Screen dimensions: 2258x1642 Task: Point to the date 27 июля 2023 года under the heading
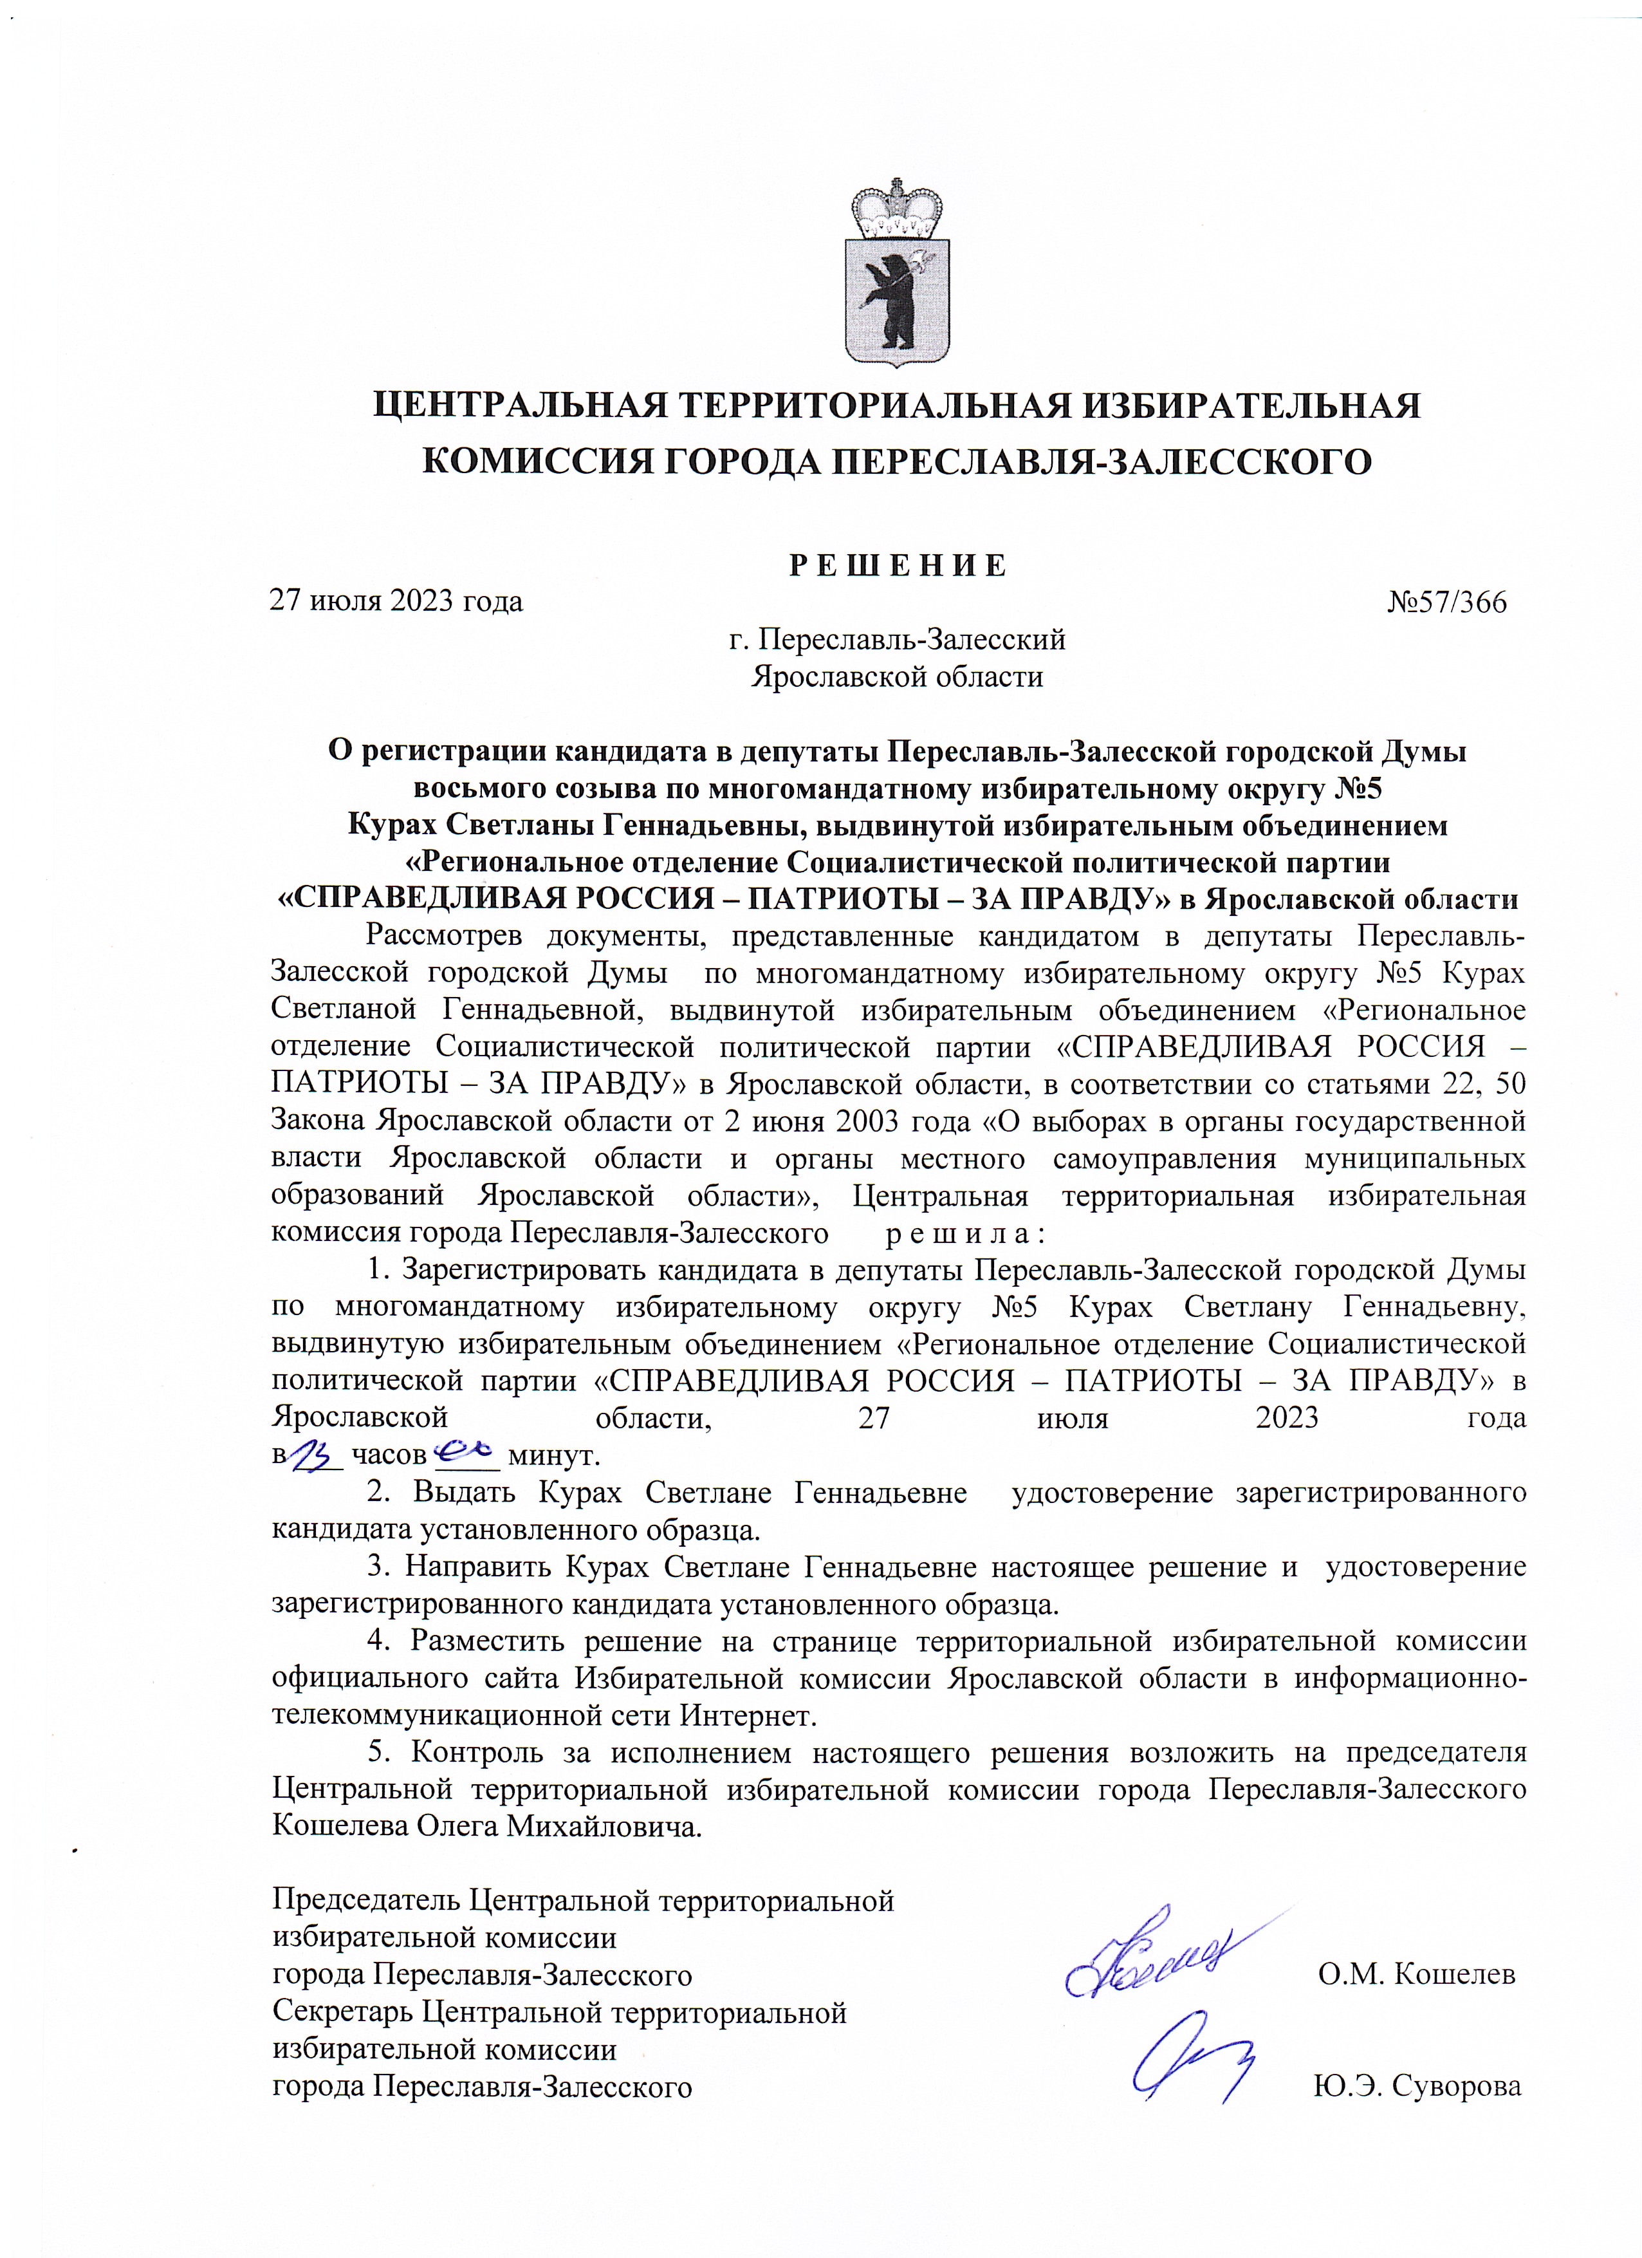[397, 603]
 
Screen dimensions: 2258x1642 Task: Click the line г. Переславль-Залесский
[898, 640]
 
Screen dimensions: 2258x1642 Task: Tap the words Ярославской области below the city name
[898, 678]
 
